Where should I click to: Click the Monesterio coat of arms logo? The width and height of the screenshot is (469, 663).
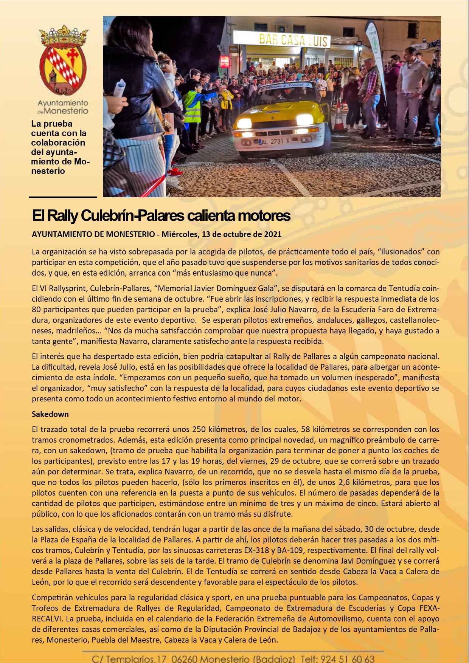tap(63, 60)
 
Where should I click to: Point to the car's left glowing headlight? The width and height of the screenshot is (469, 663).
tap(244, 123)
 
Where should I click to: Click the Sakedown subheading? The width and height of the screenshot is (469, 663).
tap(50, 414)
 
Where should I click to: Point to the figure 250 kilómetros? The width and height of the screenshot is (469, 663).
tap(219, 429)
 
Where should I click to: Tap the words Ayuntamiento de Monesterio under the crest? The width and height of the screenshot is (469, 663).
tap(63, 107)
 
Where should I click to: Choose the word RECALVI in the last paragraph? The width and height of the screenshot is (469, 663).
tap(48, 619)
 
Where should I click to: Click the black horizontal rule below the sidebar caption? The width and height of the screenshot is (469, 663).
tap(63, 197)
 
